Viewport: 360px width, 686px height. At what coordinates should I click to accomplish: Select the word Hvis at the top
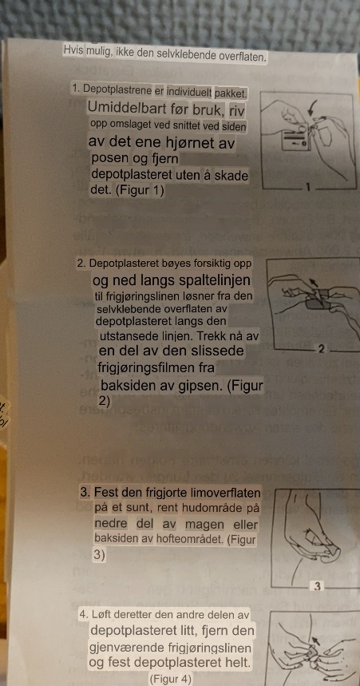point(71,50)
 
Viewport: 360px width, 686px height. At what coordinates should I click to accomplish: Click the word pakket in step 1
point(231,93)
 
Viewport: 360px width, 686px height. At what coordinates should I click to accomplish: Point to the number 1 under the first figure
point(308,188)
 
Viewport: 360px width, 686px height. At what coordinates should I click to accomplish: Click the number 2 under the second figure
point(322,350)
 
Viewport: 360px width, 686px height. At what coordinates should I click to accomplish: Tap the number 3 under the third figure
point(318,587)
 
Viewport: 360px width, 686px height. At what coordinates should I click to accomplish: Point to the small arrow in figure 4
point(316,640)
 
